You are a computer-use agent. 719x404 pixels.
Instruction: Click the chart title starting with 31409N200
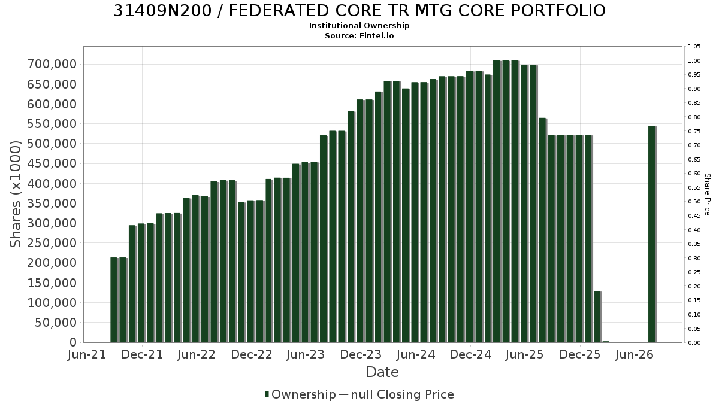(x=359, y=11)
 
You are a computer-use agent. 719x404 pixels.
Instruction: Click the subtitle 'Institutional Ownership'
(x=359, y=26)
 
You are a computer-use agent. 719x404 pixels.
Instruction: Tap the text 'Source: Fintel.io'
(x=359, y=35)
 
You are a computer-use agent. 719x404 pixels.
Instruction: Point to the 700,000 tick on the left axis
(x=52, y=64)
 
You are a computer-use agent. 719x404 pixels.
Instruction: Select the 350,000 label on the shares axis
(x=52, y=203)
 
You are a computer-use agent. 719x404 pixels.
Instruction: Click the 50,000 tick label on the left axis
(x=56, y=322)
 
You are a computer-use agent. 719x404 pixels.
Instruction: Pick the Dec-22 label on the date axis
(x=252, y=354)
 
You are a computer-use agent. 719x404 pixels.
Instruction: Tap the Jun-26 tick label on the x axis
(x=635, y=354)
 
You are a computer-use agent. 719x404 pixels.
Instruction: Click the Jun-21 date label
(x=87, y=354)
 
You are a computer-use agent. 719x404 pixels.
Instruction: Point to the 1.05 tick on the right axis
(x=694, y=47)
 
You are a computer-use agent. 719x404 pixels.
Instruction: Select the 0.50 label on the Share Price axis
(x=694, y=202)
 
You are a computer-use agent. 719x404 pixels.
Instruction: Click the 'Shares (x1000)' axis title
(x=15, y=195)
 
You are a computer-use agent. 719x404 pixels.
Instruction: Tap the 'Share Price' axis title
(x=707, y=195)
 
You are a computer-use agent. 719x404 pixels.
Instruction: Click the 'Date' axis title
(x=382, y=372)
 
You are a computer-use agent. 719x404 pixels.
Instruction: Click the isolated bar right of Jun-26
(x=652, y=234)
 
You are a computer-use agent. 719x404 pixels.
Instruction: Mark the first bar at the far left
(x=114, y=300)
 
